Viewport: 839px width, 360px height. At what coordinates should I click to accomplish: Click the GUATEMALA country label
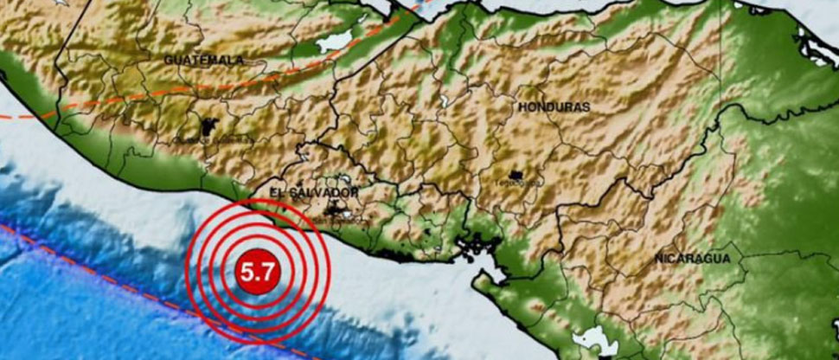click(x=203, y=61)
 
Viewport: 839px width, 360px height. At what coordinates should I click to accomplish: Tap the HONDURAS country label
click(x=554, y=106)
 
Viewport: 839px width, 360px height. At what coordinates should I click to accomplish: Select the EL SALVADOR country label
click(x=314, y=191)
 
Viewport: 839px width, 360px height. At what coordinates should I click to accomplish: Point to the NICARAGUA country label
click(x=692, y=259)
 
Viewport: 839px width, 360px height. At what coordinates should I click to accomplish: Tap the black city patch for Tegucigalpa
click(x=518, y=177)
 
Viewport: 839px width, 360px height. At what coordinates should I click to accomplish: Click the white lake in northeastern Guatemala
click(x=336, y=41)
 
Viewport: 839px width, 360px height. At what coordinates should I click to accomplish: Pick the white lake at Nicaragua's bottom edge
click(x=595, y=339)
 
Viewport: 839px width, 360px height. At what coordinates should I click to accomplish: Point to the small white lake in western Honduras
click(x=444, y=101)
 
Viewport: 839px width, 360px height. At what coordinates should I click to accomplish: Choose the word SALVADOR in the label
click(x=328, y=191)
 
